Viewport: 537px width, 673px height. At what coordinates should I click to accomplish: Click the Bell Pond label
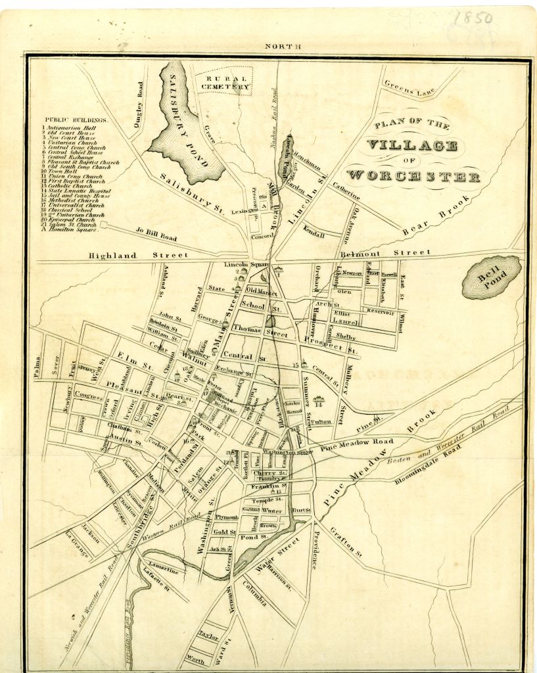point(492,277)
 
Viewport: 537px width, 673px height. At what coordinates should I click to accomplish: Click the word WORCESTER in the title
point(413,175)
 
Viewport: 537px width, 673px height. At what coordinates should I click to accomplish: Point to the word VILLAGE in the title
point(411,145)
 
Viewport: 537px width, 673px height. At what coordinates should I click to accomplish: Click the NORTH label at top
point(283,47)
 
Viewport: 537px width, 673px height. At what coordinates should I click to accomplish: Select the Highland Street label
point(139,255)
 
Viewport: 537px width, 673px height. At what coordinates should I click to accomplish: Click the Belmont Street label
point(386,252)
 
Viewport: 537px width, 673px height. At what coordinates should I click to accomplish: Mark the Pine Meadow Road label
point(358,445)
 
